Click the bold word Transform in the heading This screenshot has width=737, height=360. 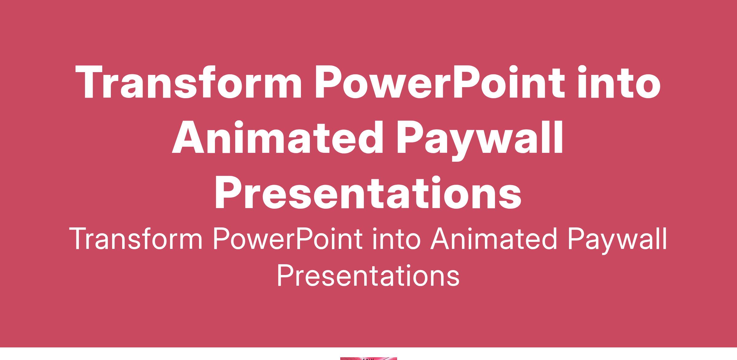(189, 82)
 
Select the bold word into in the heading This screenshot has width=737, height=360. (619, 82)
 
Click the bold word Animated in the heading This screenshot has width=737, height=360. (278, 137)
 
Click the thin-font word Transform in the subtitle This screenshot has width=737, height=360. (136, 239)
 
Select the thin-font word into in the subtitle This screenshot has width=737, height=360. (396, 239)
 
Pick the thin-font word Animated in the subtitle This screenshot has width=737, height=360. (493, 239)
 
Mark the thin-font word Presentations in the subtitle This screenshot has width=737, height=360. (368, 275)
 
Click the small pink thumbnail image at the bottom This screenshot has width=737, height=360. (368, 358)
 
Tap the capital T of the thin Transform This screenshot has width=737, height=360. (80, 239)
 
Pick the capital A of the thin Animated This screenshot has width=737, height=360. (441, 239)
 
